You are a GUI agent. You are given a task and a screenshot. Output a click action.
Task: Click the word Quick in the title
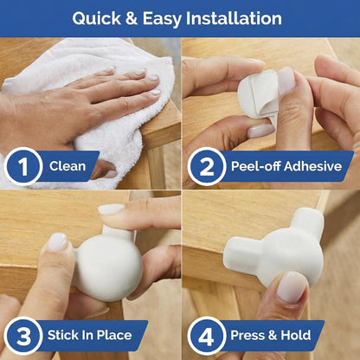(97, 19)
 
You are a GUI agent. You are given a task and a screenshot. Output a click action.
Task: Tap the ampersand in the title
(132, 19)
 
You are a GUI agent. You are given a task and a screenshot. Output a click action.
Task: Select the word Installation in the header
(234, 18)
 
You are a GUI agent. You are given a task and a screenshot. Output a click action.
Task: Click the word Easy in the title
(162, 19)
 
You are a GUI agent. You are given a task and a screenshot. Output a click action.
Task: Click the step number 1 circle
(23, 166)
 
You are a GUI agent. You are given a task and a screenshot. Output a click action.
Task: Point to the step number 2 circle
(207, 166)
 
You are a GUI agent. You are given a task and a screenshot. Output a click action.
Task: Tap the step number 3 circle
(23, 336)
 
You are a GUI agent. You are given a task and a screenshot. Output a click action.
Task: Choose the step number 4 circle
(207, 336)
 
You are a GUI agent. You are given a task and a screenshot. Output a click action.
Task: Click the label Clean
(67, 166)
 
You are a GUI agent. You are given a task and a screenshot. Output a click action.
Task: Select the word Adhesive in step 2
(313, 166)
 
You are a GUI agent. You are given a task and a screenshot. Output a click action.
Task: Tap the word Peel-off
(256, 166)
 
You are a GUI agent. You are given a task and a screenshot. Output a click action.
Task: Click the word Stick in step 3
(62, 335)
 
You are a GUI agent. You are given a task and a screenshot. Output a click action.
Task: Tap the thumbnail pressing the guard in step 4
(292, 286)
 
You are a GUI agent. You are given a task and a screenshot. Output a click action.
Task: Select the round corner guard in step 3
(108, 266)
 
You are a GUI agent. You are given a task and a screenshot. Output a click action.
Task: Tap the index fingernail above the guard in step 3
(111, 209)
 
